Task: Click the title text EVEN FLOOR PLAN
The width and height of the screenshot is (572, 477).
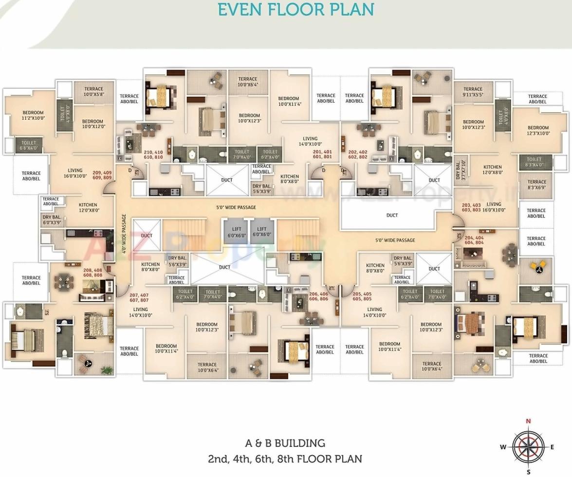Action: click(x=296, y=10)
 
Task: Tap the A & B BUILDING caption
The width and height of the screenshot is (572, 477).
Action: click(x=285, y=443)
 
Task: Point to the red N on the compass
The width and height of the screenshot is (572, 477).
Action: click(x=528, y=422)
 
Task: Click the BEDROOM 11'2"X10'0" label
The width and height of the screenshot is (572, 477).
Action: click(x=33, y=115)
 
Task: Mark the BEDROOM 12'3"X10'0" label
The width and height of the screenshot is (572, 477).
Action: click(x=538, y=130)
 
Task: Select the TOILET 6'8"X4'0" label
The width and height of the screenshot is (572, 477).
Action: click(x=29, y=146)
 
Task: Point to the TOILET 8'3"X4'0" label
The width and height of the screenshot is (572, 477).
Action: click(x=534, y=162)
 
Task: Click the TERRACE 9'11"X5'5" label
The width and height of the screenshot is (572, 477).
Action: click(x=473, y=92)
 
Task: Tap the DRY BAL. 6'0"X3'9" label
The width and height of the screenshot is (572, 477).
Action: click(x=52, y=220)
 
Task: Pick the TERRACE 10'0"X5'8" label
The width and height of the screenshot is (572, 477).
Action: click(x=93, y=92)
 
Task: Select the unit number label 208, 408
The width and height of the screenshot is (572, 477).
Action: click(x=93, y=273)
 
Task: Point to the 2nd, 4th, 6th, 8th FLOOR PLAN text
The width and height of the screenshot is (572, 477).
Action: click(x=285, y=459)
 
